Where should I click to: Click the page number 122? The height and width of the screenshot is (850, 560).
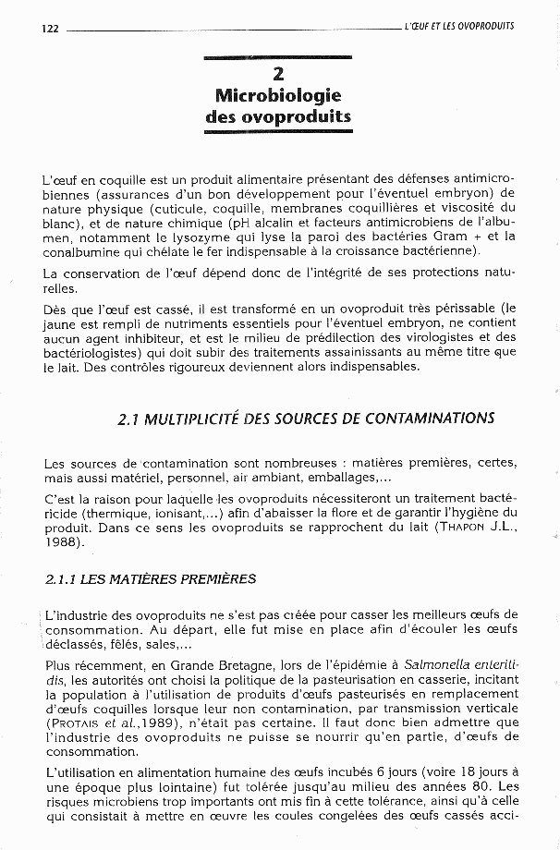click(x=50, y=28)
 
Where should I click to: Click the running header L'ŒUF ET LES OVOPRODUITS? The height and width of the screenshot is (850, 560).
click(x=458, y=26)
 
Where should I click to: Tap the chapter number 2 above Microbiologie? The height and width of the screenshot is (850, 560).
click(x=278, y=73)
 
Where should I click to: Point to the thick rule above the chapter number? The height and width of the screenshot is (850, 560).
click(x=278, y=58)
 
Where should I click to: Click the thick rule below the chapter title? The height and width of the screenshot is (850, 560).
click(x=278, y=131)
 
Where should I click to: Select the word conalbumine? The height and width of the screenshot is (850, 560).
click(x=81, y=251)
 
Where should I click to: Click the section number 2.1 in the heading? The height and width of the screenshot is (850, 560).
click(x=131, y=419)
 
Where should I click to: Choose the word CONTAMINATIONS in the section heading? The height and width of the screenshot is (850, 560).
click(x=430, y=419)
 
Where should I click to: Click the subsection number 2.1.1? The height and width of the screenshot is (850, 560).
click(x=61, y=579)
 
